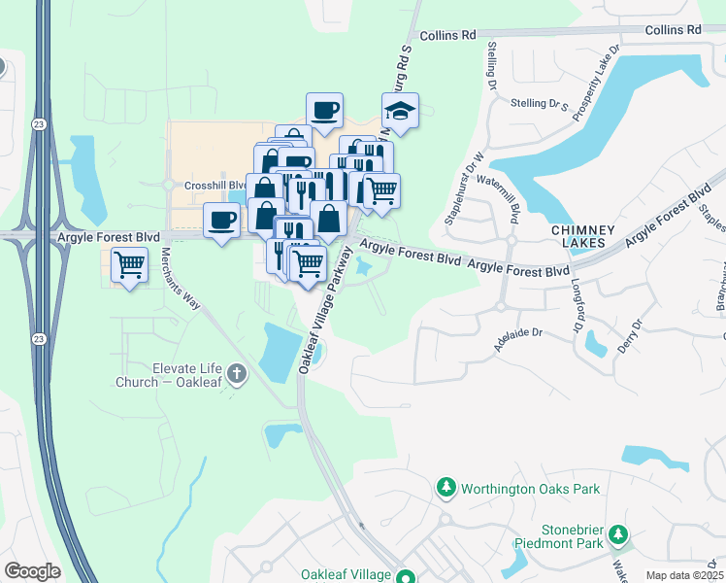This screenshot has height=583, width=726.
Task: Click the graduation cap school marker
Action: point(399,112)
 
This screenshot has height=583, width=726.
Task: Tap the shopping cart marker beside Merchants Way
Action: point(129,263)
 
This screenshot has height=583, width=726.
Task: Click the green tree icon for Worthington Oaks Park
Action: point(445,487)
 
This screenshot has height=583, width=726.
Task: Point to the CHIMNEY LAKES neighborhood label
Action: point(582,237)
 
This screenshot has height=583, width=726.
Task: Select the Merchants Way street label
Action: point(181,278)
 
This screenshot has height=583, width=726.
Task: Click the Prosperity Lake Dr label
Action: point(596,83)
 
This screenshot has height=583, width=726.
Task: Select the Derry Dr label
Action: point(638,335)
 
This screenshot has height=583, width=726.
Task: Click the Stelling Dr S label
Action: point(539,103)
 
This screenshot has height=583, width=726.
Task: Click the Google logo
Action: point(31,570)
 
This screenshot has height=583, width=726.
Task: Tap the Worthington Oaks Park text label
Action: point(530,489)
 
